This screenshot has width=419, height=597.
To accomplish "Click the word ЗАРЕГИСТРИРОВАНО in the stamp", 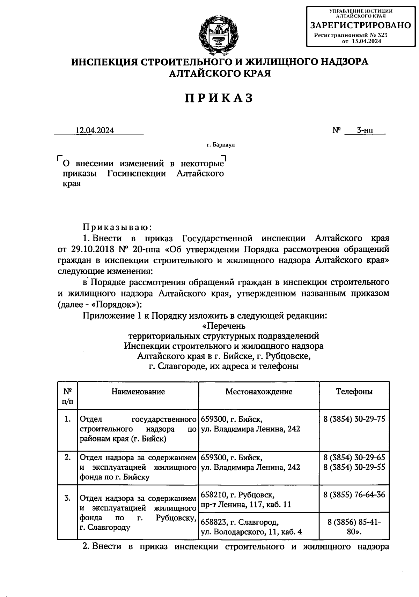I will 361,25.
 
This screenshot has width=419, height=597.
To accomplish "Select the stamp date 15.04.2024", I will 366,41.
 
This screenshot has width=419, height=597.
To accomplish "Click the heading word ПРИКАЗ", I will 219,98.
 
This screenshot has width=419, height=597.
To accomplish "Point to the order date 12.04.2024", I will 95,130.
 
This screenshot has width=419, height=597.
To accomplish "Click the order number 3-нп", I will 365,130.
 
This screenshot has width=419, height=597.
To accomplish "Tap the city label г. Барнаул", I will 220,145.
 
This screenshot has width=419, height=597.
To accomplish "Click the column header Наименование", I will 138,391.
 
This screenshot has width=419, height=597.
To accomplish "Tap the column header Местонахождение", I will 259,391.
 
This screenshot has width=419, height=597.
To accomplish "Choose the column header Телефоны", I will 354,391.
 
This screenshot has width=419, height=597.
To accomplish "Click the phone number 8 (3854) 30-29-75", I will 354,419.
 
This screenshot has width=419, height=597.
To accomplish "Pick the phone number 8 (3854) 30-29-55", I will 354,467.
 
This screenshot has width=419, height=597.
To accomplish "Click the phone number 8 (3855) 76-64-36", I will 354,494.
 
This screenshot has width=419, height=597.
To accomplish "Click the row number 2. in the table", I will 68,457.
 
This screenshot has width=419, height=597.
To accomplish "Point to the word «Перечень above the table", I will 223,326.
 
